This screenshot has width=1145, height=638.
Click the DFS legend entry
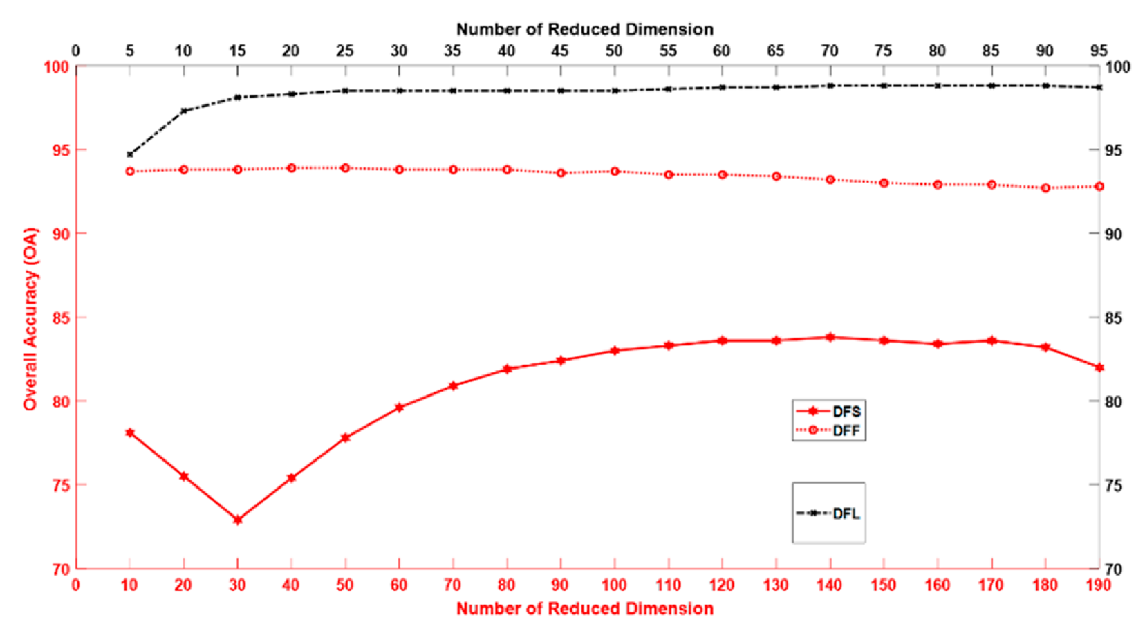(x=828, y=411)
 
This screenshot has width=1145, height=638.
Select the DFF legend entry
(x=828, y=430)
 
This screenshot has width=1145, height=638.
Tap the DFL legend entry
(x=828, y=513)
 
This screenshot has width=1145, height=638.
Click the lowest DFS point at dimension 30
(x=237, y=520)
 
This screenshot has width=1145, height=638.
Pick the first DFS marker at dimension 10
(x=129, y=432)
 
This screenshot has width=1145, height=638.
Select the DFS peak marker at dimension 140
(x=830, y=337)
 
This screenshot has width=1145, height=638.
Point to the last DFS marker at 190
(x=1099, y=367)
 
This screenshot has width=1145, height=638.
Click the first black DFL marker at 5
(x=129, y=154)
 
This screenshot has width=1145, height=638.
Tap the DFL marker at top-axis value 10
(x=183, y=111)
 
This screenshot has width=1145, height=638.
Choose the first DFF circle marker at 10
(x=129, y=171)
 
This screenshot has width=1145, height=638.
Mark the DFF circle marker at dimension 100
(x=615, y=171)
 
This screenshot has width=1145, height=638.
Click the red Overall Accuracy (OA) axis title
(x=30, y=318)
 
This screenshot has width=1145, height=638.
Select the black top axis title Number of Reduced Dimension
(x=584, y=29)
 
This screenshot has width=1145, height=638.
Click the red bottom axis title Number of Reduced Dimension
(x=584, y=609)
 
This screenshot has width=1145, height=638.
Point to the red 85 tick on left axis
(x=60, y=318)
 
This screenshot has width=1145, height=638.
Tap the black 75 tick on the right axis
(x=1113, y=486)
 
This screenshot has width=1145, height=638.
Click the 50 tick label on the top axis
(x=613, y=51)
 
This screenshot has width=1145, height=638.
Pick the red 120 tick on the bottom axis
(x=722, y=585)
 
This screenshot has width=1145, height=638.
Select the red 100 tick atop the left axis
(x=57, y=67)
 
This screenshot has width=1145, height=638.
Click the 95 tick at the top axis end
(x=1098, y=51)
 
